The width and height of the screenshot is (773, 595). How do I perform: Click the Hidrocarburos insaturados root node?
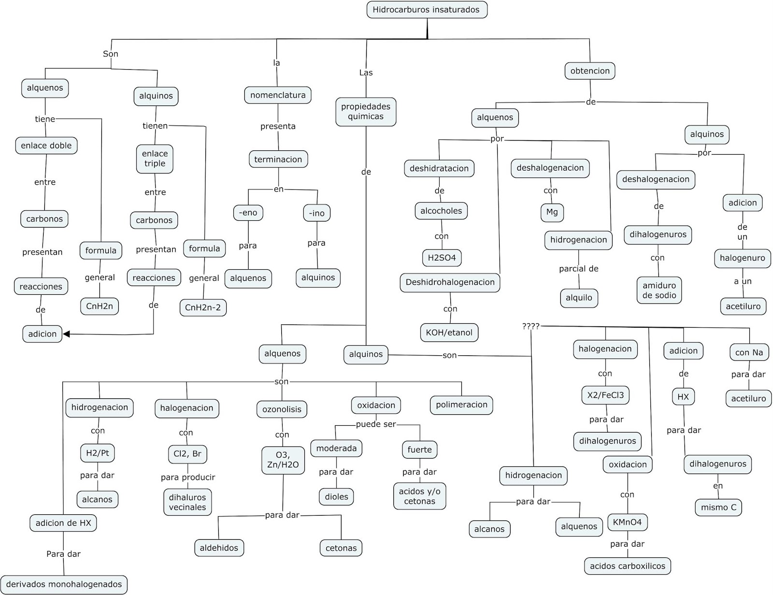click(x=427, y=10)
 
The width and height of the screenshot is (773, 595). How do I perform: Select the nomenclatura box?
click(x=278, y=95)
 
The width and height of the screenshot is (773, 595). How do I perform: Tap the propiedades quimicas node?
click(x=366, y=112)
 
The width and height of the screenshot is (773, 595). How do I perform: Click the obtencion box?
click(x=590, y=71)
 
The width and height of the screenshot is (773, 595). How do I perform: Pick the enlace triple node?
click(x=155, y=159)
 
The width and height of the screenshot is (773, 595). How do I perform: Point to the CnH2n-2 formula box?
click(x=203, y=307)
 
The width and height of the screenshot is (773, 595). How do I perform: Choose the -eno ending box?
click(x=248, y=213)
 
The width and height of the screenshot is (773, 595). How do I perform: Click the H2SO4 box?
click(x=442, y=258)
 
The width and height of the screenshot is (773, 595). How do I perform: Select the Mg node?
click(x=552, y=212)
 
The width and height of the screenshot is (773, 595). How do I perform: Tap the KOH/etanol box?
click(x=449, y=333)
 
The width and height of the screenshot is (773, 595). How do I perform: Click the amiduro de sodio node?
click(x=659, y=290)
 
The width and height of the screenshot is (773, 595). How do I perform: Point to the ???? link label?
click(x=530, y=326)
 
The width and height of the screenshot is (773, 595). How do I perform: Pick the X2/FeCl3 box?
click(x=605, y=395)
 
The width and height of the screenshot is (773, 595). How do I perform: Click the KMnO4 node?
click(x=627, y=522)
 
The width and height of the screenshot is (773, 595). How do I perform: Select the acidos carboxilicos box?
click(x=627, y=566)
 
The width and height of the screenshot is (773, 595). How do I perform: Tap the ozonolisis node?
click(x=282, y=409)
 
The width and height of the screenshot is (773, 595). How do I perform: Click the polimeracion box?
click(x=461, y=405)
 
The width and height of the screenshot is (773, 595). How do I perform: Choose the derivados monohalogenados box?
click(x=64, y=584)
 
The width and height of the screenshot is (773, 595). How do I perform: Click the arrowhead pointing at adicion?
click(x=66, y=334)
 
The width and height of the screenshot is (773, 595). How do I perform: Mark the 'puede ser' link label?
click(x=376, y=424)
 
